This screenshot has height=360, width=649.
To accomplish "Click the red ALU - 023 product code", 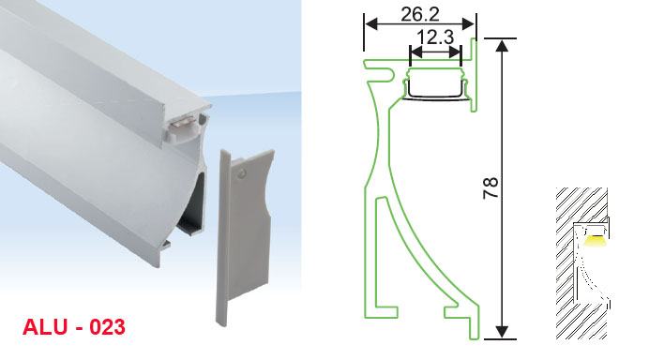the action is click(74, 327).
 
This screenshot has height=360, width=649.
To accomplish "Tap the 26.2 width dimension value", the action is click(420, 15).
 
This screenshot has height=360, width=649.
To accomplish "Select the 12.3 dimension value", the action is click(435, 37).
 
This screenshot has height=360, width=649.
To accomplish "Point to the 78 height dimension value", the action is click(491, 188).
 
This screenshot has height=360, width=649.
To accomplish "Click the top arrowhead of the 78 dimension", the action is click(502, 45).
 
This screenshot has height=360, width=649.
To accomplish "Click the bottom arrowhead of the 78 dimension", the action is click(502, 332).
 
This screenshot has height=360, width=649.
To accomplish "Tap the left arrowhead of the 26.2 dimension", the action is click(370, 24).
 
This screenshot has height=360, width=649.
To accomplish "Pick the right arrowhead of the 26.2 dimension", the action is click(469, 24).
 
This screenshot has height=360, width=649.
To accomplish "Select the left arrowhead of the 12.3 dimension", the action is click(415, 52).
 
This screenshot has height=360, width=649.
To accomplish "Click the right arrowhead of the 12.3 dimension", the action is click(455, 52).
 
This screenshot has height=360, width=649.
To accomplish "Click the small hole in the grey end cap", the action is click(240, 173).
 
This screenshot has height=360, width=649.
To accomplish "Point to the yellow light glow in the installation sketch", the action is click(596, 241).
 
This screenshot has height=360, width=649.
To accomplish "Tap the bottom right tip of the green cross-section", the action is click(475, 338).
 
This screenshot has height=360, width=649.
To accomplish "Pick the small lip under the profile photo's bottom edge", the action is click(166, 244).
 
